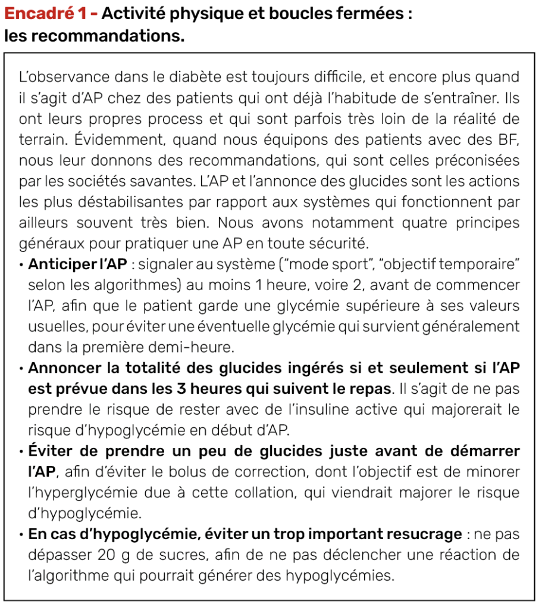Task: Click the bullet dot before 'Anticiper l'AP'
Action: click(22, 264)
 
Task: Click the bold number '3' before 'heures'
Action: click(171, 388)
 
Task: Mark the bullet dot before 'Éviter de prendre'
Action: click(22, 451)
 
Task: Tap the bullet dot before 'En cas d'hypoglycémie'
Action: click(22, 534)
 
